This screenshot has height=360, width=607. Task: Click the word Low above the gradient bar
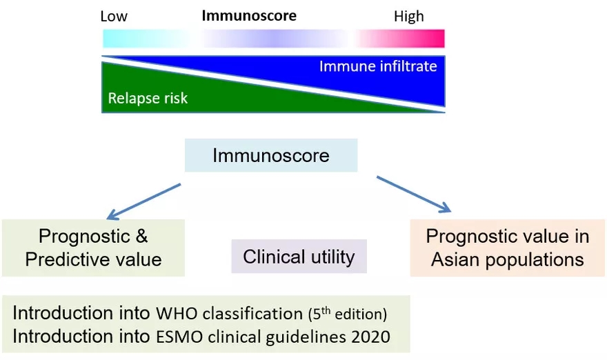click(x=114, y=16)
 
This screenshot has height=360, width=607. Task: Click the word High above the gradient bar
click(x=408, y=16)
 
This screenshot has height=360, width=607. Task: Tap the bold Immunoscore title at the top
click(x=249, y=16)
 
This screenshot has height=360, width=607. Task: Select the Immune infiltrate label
click(x=378, y=66)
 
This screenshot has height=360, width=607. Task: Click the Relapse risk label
click(x=148, y=99)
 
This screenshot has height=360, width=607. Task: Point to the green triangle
click(x=172, y=93)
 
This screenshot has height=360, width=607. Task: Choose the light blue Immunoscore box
click(x=270, y=155)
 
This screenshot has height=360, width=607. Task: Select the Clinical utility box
click(x=299, y=257)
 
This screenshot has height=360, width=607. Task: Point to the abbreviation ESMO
click(x=179, y=337)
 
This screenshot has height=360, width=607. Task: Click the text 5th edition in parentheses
click(x=347, y=314)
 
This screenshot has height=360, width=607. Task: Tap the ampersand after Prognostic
click(x=140, y=236)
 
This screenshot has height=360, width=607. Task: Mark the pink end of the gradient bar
click(x=428, y=38)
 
